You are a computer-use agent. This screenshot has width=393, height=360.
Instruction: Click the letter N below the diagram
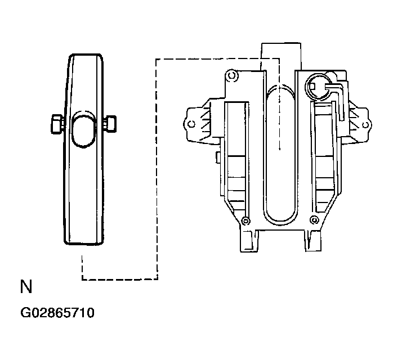coord(26,287)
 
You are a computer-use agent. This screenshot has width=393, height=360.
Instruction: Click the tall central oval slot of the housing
coord(279,152)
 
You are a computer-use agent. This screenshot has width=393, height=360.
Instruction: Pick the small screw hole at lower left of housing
coord(244,219)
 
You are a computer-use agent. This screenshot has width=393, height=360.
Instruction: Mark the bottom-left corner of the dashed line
coord(83,279)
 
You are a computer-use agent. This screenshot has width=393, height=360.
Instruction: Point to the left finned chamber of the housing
coord(236,157)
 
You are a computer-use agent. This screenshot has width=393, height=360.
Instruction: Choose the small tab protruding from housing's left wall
coord(217,158)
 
